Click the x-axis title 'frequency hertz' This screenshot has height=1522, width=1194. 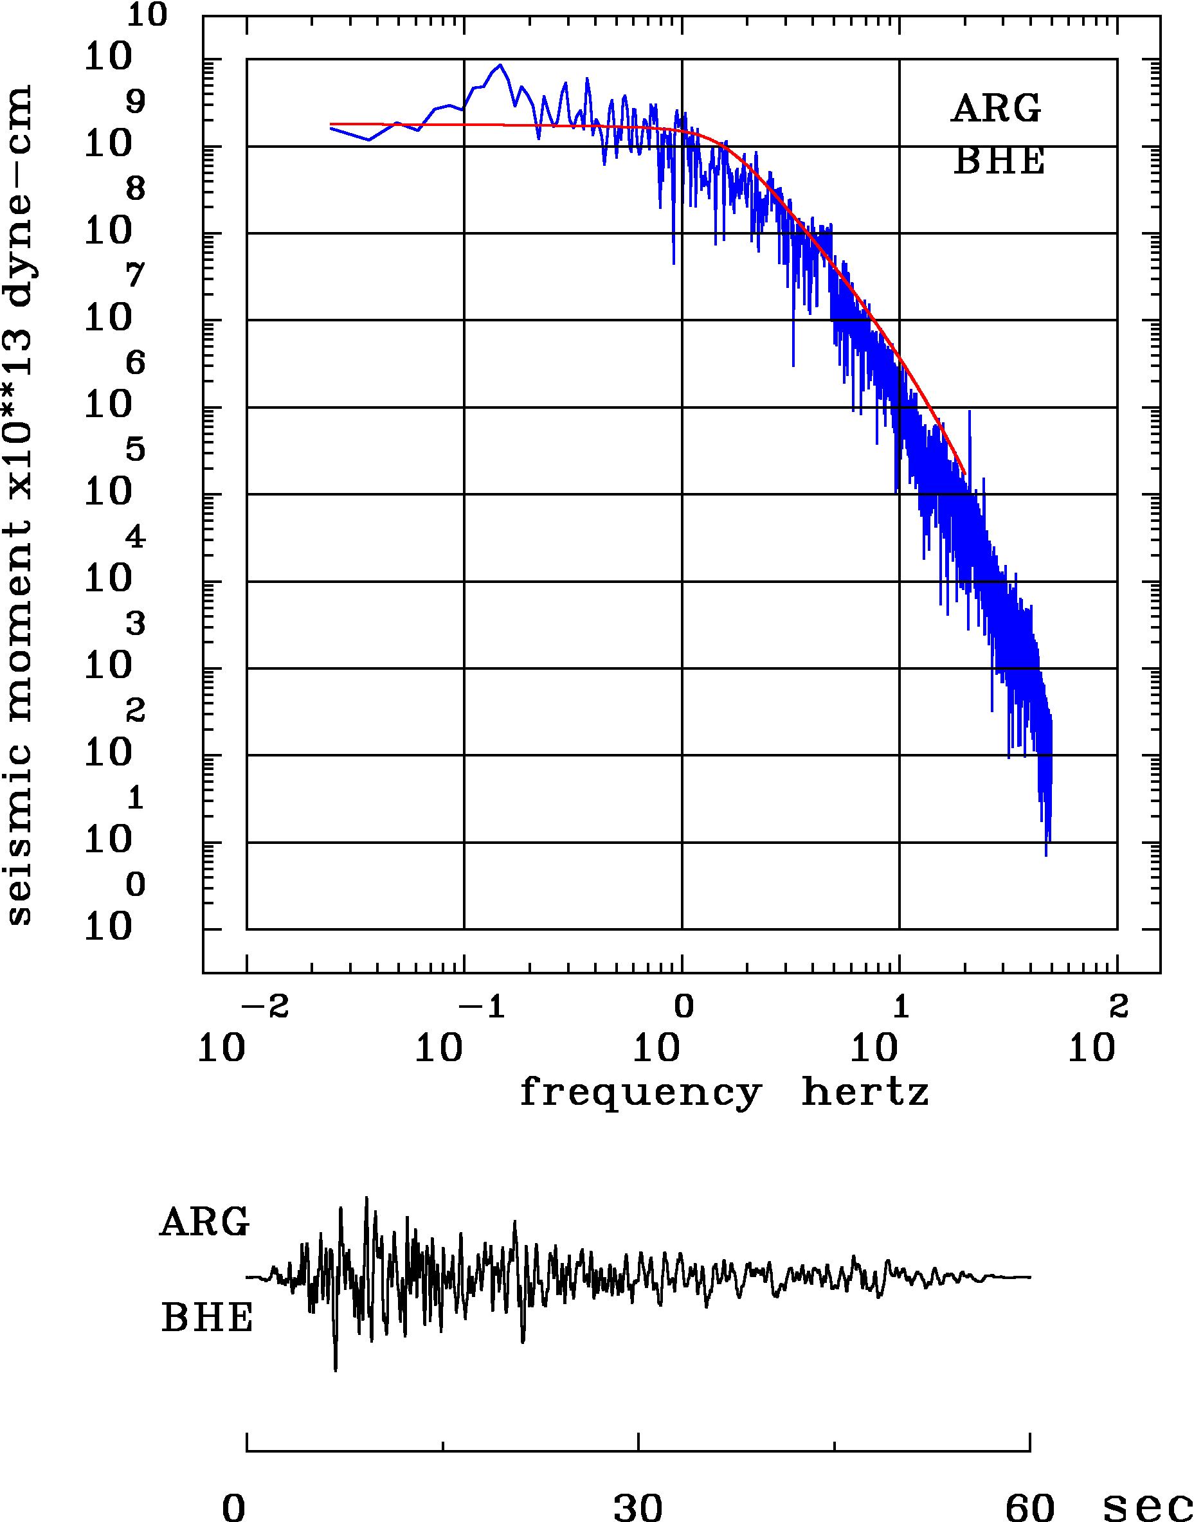tap(724, 1092)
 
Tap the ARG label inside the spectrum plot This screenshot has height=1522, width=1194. tap(995, 109)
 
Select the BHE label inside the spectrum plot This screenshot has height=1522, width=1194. tap(999, 161)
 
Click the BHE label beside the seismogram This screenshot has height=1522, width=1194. tap(207, 1318)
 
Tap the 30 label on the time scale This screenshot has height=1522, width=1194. tap(638, 1507)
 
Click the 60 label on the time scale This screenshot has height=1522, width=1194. tap(1029, 1507)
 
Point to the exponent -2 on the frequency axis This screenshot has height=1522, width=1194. tap(265, 1007)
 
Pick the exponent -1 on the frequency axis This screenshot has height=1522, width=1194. tap(482, 1007)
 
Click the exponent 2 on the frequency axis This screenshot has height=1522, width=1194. tap(1119, 1007)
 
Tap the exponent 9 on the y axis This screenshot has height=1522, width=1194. tap(136, 102)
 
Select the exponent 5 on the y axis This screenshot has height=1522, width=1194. tap(136, 449)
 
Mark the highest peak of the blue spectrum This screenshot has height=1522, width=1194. tap(500, 65)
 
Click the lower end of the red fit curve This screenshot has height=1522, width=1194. tap(964, 474)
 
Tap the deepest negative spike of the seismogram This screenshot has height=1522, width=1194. tap(336, 1370)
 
